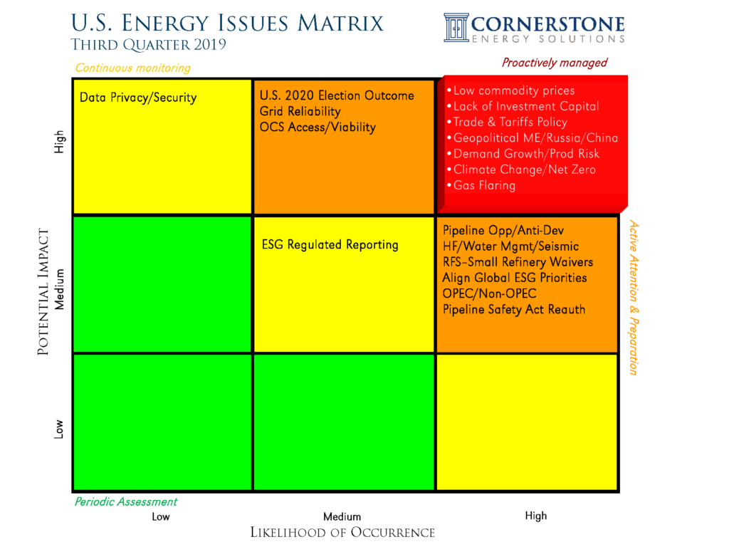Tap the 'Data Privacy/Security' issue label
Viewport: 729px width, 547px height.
tap(138, 98)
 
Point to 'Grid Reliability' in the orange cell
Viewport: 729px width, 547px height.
tap(300, 112)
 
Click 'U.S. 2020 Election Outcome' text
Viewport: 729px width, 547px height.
tap(336, 95)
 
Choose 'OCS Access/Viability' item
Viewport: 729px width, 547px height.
tap(317, 127)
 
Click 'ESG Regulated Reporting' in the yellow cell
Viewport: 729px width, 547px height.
tap(330, 245)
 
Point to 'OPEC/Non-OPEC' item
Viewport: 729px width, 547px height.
tap(489, 293)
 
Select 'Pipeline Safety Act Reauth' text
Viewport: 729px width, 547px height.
tap(513, 309)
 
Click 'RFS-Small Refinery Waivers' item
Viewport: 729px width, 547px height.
tap(517, 262)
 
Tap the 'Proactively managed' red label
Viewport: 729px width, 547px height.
tap(555, 63)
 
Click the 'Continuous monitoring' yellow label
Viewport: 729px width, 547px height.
tap(132, 68)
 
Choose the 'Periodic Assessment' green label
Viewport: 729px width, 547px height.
tap(125, 501)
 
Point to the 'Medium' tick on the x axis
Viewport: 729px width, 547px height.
tap(342, 516)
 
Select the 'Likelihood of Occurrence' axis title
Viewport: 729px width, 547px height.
tap(342, 533)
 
